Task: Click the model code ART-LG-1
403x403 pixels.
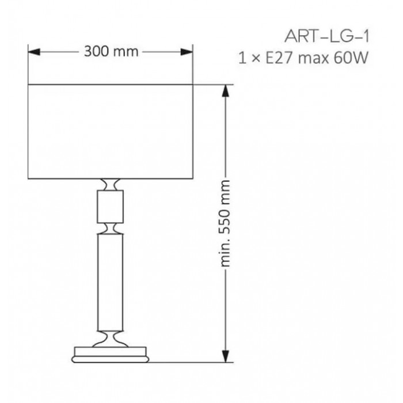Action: click(x=326, y=36)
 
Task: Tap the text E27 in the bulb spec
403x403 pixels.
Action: click(x=279, y=58)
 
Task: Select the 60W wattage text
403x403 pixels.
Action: click(x=351, y=58)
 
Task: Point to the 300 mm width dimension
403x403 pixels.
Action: click(x=111, y=51)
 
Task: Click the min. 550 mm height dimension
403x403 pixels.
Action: click(x=225, y=223)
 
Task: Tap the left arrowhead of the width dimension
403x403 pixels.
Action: click(x=34, y=52)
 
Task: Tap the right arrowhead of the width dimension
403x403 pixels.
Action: click(x=187, y=52)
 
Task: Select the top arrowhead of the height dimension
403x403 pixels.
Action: click(x=226, y=91)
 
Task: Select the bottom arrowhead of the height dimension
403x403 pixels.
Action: click(x=226, y=356)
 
